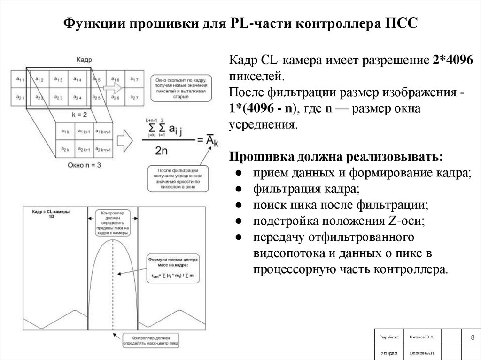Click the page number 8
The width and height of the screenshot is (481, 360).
tap(471, 338)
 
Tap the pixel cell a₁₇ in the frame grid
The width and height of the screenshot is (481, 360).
tap(133, 79)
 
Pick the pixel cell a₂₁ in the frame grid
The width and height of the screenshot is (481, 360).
tap(20, 97)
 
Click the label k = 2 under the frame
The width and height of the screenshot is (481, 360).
tap(79, 114)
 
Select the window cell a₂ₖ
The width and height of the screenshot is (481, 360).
tap(65, 150)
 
